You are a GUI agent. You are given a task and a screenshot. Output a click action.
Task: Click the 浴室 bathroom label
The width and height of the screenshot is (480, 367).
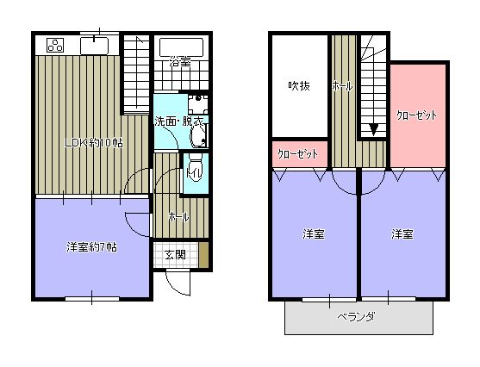(180, 62)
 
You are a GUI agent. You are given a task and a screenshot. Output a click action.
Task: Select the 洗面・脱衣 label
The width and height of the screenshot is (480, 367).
(178, 121)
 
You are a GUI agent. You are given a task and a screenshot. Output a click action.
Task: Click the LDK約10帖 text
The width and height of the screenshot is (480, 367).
(95, 142)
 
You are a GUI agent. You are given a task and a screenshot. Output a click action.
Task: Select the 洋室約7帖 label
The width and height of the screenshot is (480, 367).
(92, 247)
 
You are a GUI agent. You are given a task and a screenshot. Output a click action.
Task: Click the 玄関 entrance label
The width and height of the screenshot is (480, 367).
(175, 254)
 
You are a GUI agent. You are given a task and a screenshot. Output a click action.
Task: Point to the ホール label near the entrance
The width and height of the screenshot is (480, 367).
(179, 216)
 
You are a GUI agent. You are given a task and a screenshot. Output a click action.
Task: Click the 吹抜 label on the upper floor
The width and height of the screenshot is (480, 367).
(298, 86)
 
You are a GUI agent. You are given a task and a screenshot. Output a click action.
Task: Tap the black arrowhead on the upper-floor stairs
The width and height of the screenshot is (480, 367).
(373, 130)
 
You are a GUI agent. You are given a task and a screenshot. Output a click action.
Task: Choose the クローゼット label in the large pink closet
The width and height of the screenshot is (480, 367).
(416, 115)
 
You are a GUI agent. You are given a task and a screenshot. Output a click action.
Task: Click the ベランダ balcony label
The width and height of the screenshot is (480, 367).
(356, 316)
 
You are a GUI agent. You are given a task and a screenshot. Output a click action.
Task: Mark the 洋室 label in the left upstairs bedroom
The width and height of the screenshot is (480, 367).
(313, 234)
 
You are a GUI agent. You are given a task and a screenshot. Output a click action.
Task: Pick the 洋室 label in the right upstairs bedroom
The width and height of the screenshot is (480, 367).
(402, 234)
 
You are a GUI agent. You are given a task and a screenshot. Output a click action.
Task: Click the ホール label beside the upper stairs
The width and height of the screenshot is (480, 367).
(340, 86)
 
